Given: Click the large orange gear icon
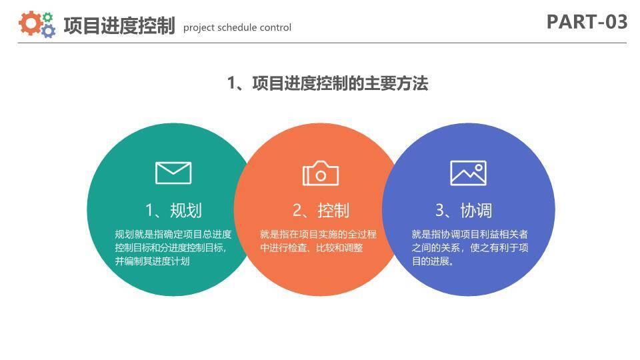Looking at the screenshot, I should click(30, 23).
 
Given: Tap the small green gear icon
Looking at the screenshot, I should click(47, 17).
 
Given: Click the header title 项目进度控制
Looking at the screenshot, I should click(119, 26).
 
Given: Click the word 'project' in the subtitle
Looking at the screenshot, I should click(199, 27).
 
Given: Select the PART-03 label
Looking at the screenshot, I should click(587, 22).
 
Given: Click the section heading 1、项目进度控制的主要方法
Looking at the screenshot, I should click(327, 83).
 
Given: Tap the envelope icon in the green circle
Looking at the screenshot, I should click(173, 173).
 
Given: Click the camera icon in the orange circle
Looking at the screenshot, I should click(321, 173).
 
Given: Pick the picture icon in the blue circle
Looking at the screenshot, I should click(468, 173).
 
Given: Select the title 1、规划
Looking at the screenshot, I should click(173, 211).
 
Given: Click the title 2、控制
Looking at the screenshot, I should click(321, 211).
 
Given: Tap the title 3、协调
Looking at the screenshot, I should click(464, 211).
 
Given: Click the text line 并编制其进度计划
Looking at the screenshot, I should click(152, 261).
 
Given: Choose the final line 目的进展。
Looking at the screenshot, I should click(433, 261).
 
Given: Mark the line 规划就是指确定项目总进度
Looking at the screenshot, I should click(173, 234).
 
